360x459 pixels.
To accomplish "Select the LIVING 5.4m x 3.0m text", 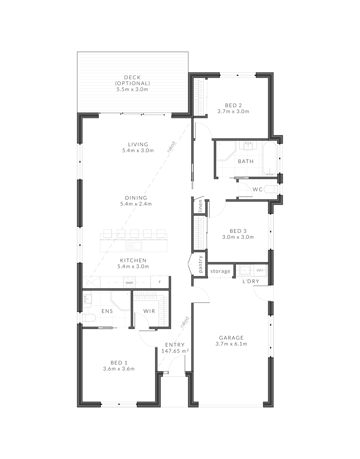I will (x=138, y=147).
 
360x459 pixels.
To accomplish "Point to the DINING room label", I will (x=136, y=198).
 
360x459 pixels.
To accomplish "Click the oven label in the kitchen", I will (x=129, y=282).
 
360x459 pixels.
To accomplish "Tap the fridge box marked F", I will (x=160, y=282).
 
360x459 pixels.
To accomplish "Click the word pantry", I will (x=200, y=264).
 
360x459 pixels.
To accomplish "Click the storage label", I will (x=220, y=271).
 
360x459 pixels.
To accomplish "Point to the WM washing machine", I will (x=260, y=270).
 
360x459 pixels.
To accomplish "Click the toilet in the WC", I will (x=271, y=190).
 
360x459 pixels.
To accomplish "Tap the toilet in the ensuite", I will (x=89, y=318).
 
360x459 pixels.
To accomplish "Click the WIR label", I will (x=149, y=311).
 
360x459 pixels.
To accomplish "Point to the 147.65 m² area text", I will (x=175, y=351).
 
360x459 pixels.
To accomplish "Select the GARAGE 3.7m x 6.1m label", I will (x=231, y=341).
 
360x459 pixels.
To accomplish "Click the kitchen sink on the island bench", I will (x=133, y=245).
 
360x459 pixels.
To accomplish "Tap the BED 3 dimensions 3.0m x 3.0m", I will (x=238, y=237).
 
